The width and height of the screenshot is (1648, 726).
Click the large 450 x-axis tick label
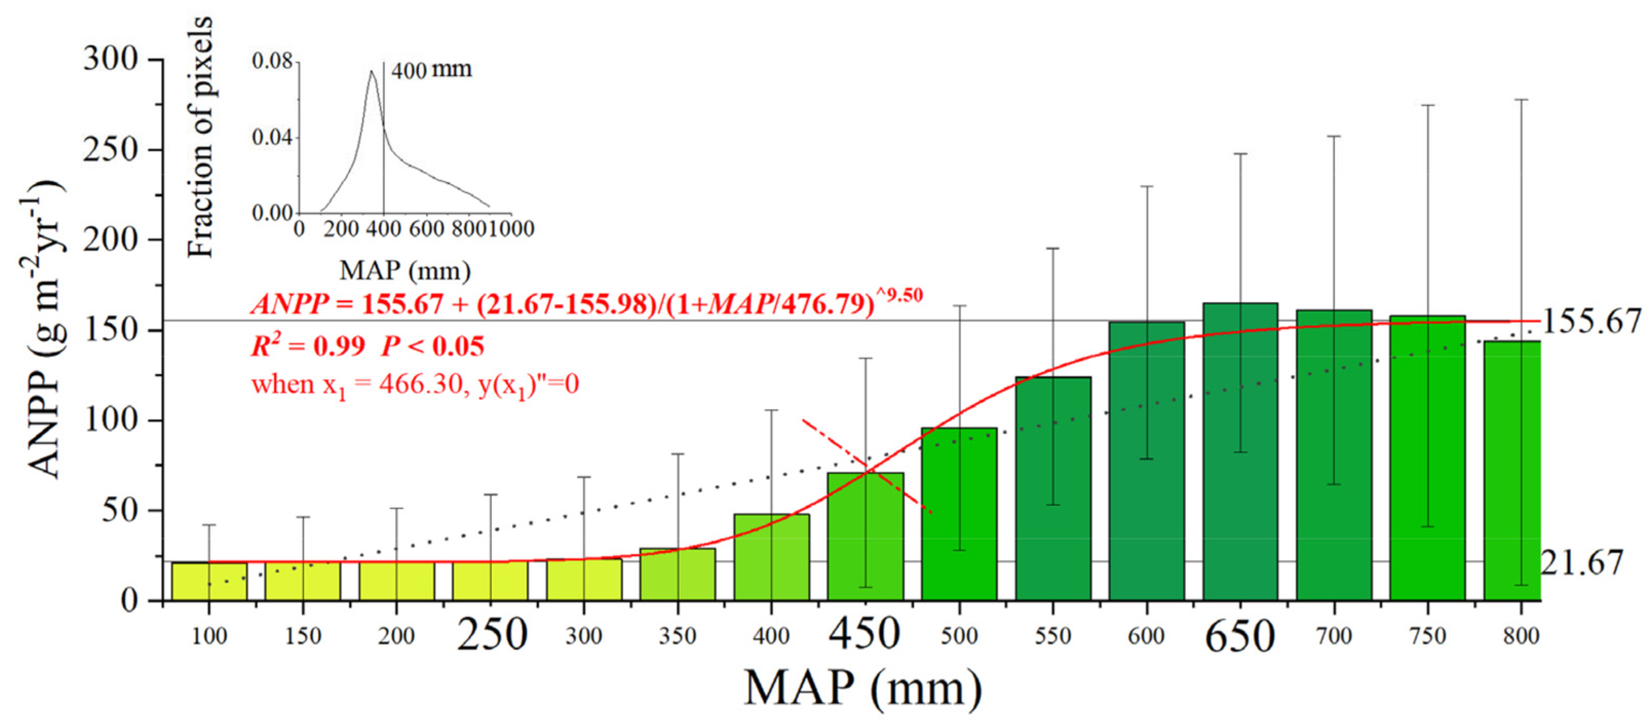(865, 634)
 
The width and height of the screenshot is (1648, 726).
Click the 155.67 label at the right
(1591, 322)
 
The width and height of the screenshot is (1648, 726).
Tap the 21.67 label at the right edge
(1581, 564)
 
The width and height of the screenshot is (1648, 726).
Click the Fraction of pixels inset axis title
(200, 138)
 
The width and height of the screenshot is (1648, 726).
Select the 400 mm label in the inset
(431, 69)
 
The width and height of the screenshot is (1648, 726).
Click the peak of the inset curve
(371, 72)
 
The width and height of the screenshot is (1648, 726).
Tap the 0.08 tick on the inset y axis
(272, 62)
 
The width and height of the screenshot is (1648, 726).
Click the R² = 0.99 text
(307, 347)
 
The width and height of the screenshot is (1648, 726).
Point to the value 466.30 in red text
(419, 384)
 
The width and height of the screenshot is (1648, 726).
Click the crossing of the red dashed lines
(868, 466)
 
